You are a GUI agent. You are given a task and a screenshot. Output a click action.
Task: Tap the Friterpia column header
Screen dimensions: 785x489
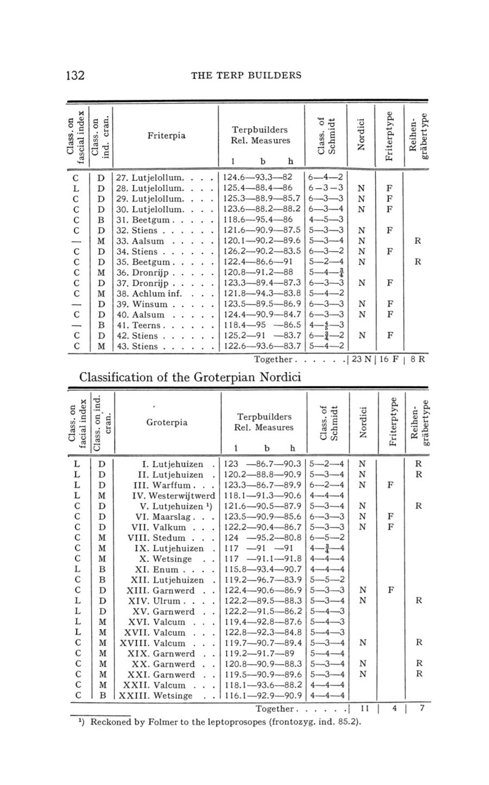coord(166,135)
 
